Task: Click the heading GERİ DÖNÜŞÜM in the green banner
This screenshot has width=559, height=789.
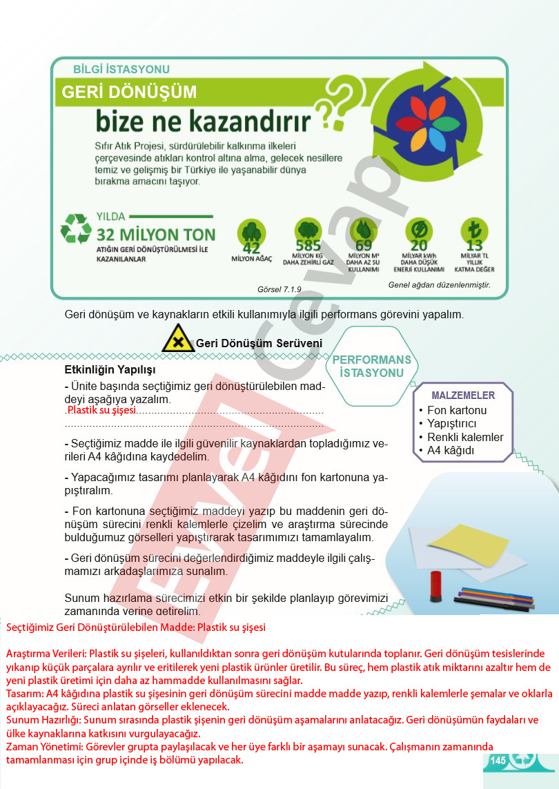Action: coord(129,92)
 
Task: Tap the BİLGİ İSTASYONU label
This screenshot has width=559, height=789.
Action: coord(121,69)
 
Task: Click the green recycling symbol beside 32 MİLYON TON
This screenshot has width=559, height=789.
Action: coord(76,228)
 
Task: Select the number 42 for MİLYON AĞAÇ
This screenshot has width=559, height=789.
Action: coord(251,247)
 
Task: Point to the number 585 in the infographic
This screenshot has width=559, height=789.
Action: coord(308,246)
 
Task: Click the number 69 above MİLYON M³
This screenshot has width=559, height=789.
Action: coord(364,245)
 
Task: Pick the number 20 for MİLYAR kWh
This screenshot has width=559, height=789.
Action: coord(419,245)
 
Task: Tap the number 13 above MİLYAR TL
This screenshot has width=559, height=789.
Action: coord(474,245)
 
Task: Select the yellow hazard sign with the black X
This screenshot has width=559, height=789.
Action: coord(178,341)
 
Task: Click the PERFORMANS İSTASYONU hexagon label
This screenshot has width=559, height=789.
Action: coord(371,366)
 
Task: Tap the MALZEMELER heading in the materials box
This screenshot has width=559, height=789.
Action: coord(463,396)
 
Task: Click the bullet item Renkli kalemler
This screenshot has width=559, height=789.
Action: coord(465,437)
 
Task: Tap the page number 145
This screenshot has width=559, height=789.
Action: coord(498,760)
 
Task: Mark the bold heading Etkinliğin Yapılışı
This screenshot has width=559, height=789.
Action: coord(110,369)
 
